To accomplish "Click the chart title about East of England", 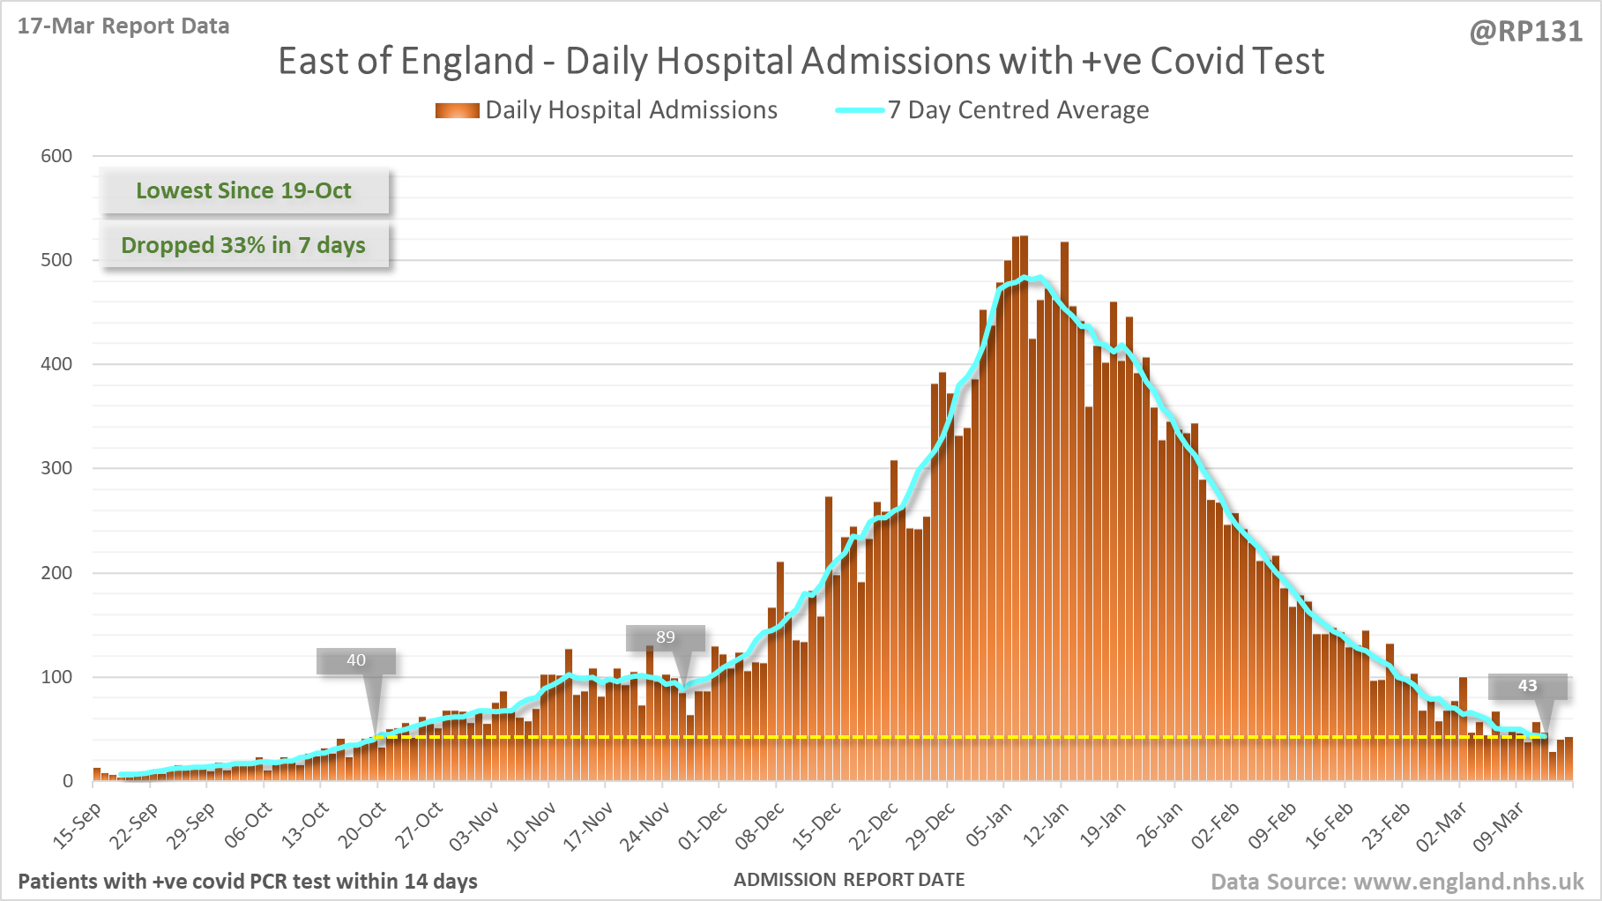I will pyautogui.click(x=801, y=62).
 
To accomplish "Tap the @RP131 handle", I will pyautogui.click(x=1526, y=32).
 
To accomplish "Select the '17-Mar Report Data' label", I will pyautogui.click(x=123, y=26).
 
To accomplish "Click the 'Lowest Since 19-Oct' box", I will pyautogui.click(x=243, y=191).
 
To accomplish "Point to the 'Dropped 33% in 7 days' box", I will pyautogui.click(x=243, y=245).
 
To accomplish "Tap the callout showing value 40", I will pyautogui.click(x=356, y=660).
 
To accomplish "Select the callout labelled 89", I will pyautogui.click(x=666, y=637).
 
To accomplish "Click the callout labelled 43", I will pyautogui.click(x=1527, y=686).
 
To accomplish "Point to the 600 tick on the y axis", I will pyautogui.click(x=56, y=156).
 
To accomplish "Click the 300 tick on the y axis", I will pyautogui.click(x=56, y=468).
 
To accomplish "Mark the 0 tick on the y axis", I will pyautogui.click(x=67, y=781).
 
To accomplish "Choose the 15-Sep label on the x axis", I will pyautogui.click(x=78, y=825).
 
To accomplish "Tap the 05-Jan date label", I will pyautogui.click(x=988, y=825).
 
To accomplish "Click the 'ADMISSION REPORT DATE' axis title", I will pyautogui.click(x=849, y=880).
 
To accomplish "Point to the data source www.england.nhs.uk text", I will pyautogui.click(x=1397, y=882).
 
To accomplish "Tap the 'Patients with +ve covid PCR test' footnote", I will pyautogui.click(x=248, y=882).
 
